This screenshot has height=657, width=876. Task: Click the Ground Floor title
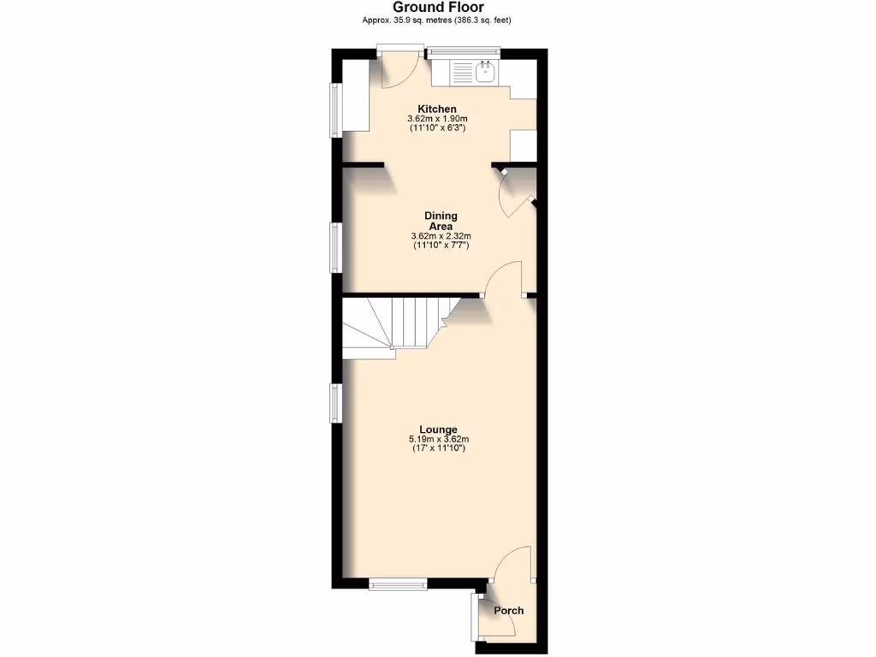[x=438, y=8]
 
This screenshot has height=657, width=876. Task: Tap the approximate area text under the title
[x=438, y=21]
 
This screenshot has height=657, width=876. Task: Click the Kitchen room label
[x=437, y=109]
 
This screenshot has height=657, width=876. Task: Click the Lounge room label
[x=438, y=429]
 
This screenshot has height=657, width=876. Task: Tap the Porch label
[x=508, y=611]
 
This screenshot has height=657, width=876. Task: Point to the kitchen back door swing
[x=396, y=72]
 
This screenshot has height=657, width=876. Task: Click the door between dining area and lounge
[x=505, y=279]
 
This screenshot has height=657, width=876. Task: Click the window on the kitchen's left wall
[x=336, y=109]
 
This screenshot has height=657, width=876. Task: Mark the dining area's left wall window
[x=336, y=247]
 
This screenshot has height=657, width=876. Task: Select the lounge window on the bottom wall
[x=398, y=585]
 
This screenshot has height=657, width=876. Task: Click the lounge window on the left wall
[x=336, y=402]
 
